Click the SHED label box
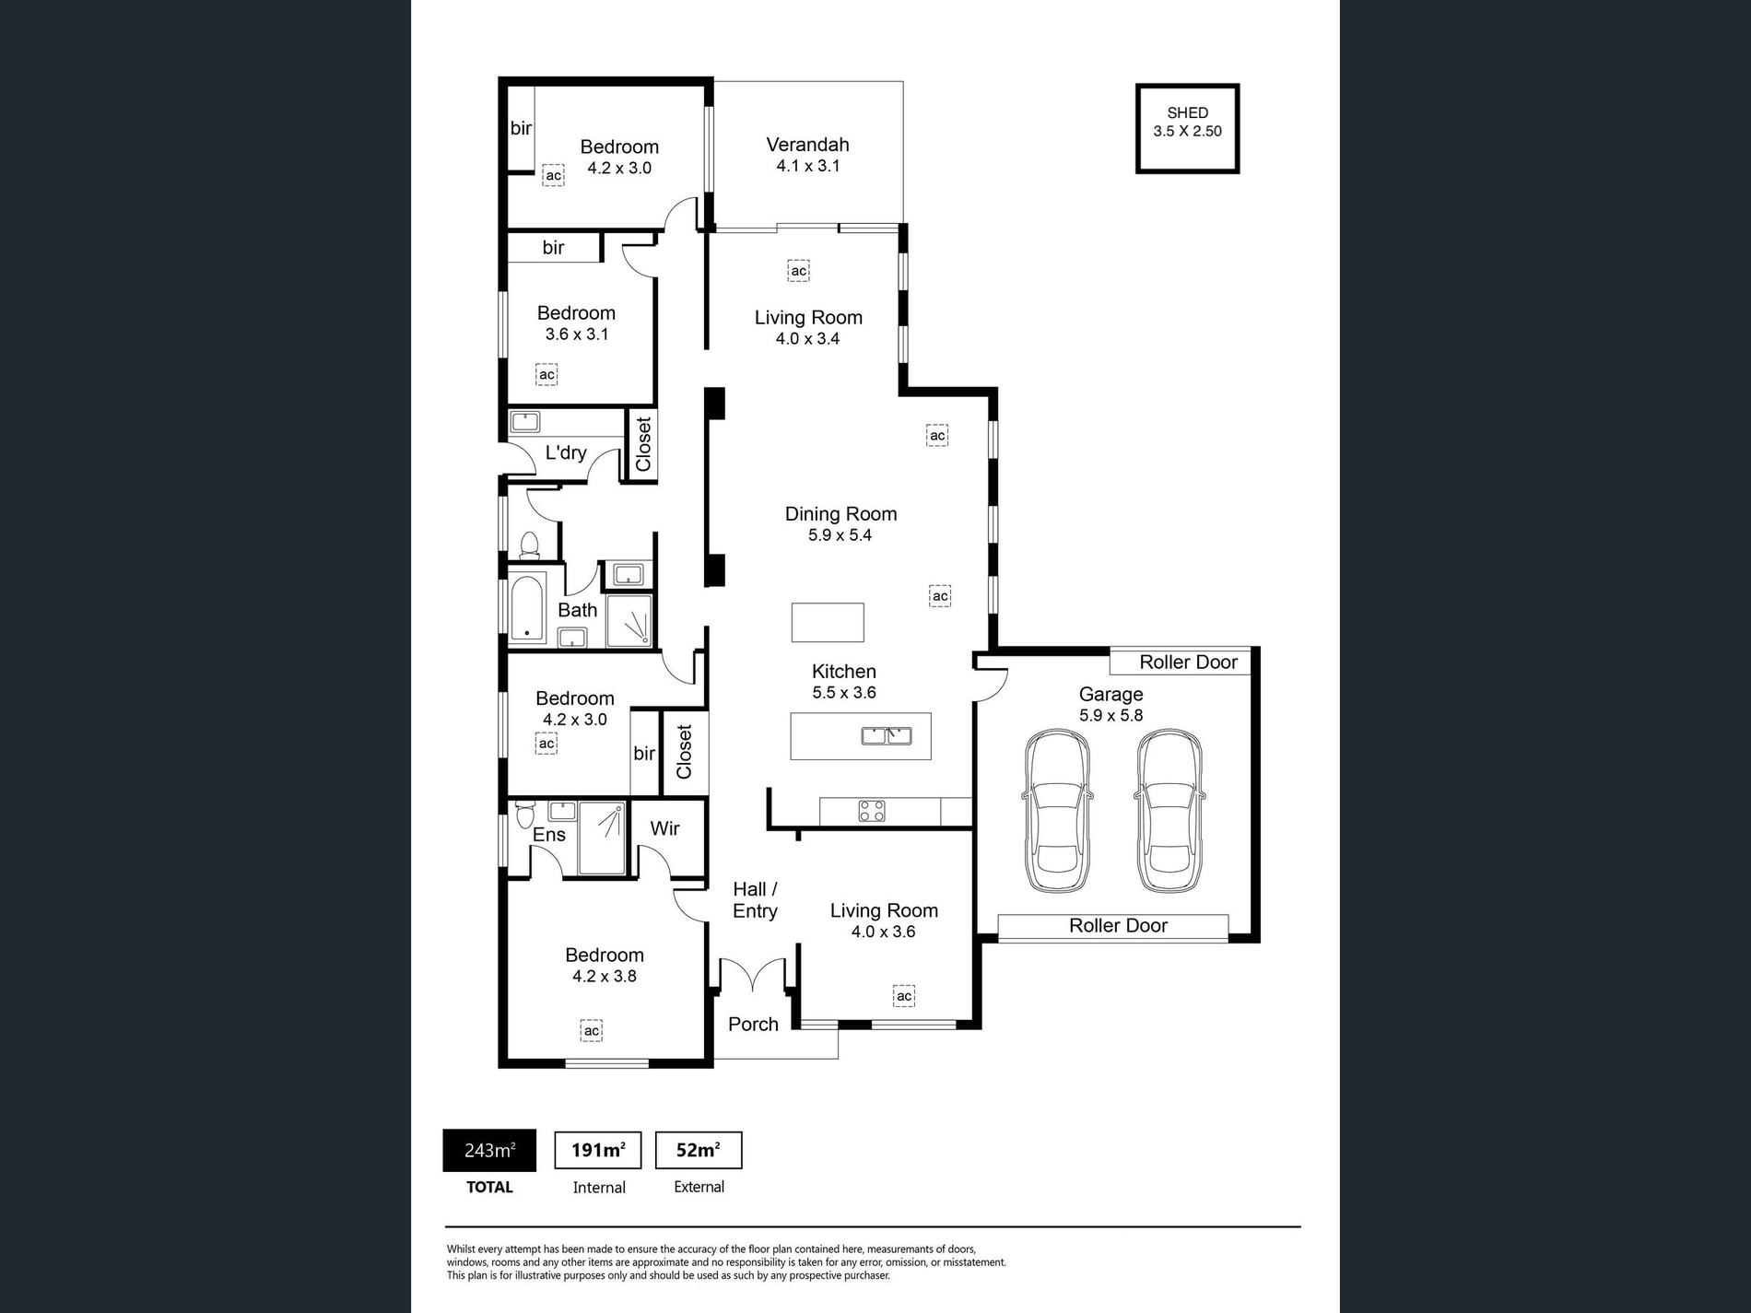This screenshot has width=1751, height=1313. (x=1187, y=128)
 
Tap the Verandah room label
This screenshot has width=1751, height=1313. (x=807, y=145)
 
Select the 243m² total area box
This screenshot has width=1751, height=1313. (x=489, y=1150)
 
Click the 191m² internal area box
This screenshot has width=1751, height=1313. (x=597, y=1150)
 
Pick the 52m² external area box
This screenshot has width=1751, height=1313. (x=698, y=1150)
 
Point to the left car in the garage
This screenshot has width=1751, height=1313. (x=1057, y=811)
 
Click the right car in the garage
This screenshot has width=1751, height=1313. (x=1169, y=811)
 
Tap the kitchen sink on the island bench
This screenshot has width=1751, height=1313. (x=887, y=735)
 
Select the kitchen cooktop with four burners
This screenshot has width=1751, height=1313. (x=872, y=811)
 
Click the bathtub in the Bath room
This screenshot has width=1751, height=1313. (x=527, y=606)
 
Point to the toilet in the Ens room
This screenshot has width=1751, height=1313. (x=525, y=815)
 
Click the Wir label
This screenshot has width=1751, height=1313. (x=664, y=828)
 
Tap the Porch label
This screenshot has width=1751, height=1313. (x=753, y=1024)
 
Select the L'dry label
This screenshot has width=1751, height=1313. (x=566, y=452)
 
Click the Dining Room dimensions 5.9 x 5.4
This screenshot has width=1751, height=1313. (x=840, y=535)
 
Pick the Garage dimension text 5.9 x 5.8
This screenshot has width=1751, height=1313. (x=1111, y=715)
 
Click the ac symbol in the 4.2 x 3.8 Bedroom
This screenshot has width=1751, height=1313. (x=592, y=1030)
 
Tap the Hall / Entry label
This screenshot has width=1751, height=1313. (x=755, y=900)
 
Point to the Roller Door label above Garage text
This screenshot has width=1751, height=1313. (x=1188, y=662)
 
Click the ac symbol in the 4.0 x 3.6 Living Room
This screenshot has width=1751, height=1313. (x=904, y=995)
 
